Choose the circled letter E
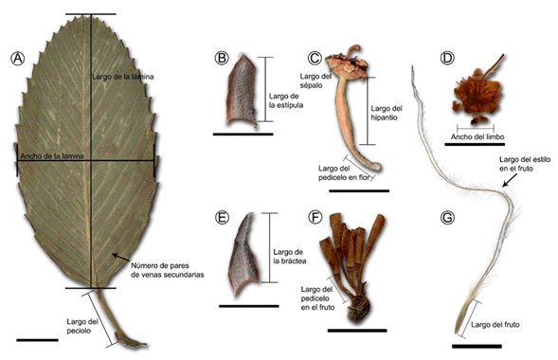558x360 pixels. click(223, 217)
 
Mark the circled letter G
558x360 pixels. click(449, 217)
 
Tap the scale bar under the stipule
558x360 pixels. click(243, 135)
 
